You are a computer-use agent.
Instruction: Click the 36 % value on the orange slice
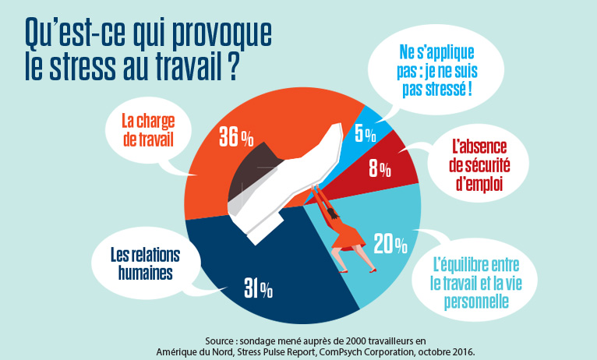tap(236, 138)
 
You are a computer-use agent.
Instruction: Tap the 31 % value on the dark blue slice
tap(258, 290)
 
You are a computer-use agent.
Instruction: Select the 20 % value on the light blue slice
tap(390, 244)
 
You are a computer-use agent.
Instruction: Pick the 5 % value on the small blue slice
tap(364, 133)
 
